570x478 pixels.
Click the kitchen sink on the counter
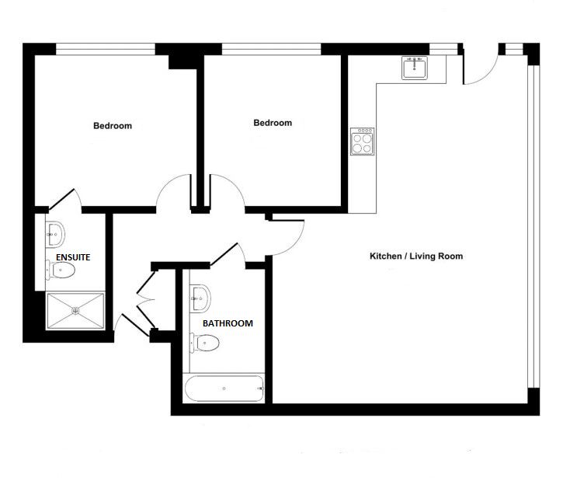415,68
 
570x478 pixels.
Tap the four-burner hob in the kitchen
362,141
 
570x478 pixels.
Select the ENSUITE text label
73,257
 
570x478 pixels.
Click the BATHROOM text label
228,323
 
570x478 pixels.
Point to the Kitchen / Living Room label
416,256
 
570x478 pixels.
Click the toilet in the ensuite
61,270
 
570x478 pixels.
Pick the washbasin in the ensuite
55,234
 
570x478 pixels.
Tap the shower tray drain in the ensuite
75,311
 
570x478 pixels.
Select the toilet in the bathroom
204,343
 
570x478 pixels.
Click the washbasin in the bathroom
200,298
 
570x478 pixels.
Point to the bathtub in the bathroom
224,389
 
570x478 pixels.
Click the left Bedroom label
113,126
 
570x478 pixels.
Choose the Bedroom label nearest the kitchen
273,123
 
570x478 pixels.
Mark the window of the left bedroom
106,49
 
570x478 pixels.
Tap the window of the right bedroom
272,49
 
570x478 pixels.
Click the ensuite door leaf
61,199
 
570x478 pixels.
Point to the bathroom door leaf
224,254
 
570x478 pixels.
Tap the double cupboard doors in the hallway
145,300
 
